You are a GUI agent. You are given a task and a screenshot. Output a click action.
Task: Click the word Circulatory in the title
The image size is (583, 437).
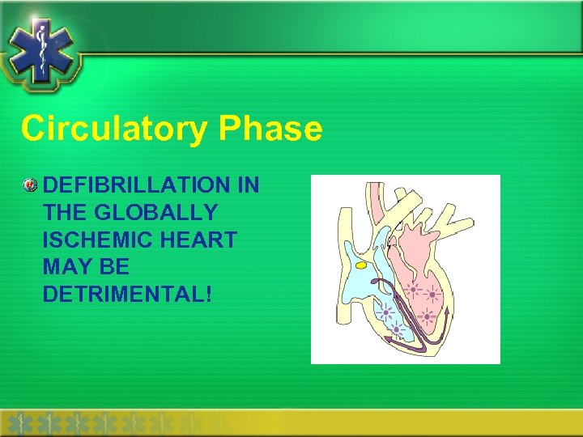114,129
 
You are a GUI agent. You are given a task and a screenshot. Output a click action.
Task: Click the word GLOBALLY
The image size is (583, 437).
155,213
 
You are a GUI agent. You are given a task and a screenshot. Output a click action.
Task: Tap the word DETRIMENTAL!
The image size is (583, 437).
127,295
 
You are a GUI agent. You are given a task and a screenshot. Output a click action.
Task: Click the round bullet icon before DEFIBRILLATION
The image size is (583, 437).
30,185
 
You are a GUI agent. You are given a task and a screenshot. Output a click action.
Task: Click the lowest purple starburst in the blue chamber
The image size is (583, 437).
395,330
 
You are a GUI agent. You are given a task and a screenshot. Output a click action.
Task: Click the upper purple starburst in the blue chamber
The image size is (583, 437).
384,312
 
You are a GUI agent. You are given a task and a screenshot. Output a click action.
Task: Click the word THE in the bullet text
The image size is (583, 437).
66,213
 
